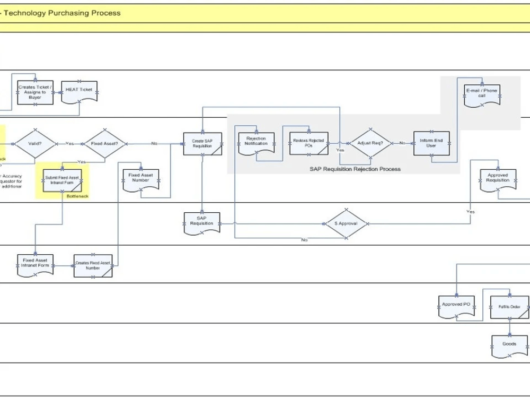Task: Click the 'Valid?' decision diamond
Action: tap(34, 143)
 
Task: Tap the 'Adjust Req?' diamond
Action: tap(370, 143)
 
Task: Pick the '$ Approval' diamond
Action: tap(346, 223)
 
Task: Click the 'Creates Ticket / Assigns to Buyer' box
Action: tap(35, 92)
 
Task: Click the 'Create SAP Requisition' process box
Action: tap(202, 144)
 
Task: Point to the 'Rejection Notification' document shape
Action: tap(256, 142)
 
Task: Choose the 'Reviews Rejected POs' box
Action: tap(308, 143)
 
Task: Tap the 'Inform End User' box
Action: tap(431, 143)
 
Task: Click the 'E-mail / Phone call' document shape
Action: tap(482, 94)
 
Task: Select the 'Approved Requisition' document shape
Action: tap(498, 179)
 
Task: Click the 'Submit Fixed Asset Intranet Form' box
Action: tap(61, 180)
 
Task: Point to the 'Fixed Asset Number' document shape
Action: tap(140, 179)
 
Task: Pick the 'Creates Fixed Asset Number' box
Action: tap(93, 266)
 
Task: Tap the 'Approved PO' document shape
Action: tap(456, 306)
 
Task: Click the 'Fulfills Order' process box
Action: tap(509, 307)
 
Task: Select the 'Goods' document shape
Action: tap(509, 345)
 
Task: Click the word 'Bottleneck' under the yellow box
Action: tap(77, 196)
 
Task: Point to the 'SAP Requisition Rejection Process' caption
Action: tap(355, 169)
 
